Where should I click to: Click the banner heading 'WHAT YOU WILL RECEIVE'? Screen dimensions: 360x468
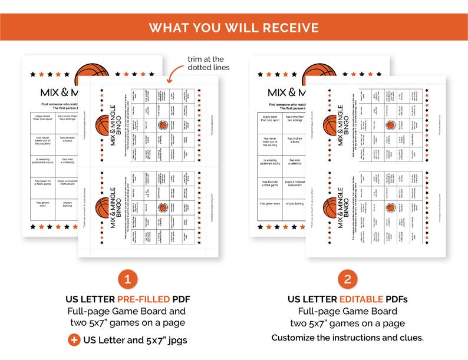coord(233,28)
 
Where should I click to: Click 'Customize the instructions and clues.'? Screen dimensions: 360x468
coord(347,338)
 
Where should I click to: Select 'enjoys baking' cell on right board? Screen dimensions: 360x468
coord(295,203)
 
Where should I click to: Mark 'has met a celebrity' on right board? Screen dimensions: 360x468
coord(295,161)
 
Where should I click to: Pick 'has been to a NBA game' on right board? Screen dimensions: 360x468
coord(269,183)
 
